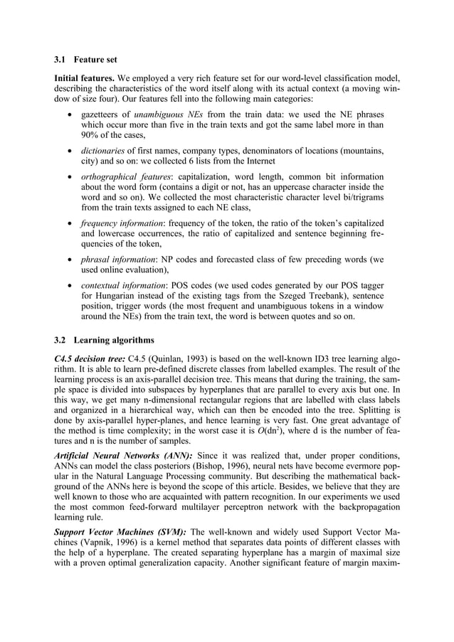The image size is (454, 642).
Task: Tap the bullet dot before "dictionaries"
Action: tap(68, 150)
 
